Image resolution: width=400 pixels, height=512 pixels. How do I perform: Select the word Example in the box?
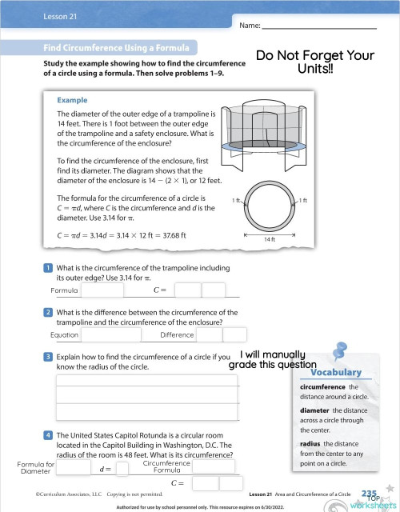coord(73,101)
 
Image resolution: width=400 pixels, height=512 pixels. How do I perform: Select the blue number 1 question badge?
coord(48,267)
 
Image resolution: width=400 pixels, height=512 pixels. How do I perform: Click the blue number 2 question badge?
coord(48,312)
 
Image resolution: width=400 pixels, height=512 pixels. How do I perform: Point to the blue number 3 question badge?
coord(48,357)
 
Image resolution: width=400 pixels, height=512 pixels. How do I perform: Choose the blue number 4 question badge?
coord(48,435)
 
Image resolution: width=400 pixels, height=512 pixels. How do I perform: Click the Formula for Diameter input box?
coord(74,468)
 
